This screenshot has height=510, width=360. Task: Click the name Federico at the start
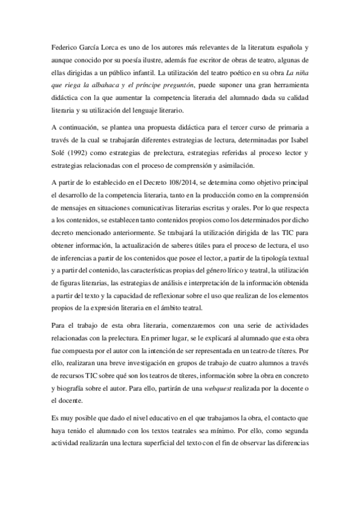pos(66,46)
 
